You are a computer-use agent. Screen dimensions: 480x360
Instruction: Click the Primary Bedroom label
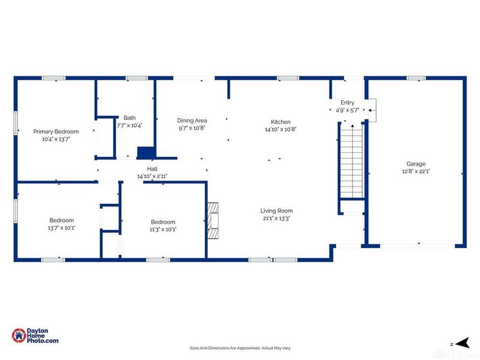pos(56,131)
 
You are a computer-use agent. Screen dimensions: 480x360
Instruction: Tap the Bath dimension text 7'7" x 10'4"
pos(130,125)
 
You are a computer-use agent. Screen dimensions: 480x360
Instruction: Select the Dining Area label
pos(192,121)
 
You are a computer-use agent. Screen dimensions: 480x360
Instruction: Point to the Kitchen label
pos(281,122)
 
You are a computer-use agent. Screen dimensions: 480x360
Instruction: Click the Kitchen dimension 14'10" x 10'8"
pos(281,129)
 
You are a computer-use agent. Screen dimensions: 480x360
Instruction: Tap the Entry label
pos(347,103)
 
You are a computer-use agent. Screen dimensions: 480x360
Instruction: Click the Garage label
pos(416,164)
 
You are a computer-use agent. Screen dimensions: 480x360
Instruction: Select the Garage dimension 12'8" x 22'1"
pos(416,172)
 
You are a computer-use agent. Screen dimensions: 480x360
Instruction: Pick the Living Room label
pos(277,211)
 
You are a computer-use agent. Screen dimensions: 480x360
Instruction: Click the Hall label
pos(152,169)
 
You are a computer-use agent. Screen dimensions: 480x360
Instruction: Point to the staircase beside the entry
pos(352,160)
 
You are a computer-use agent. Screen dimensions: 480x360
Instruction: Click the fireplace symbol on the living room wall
pos(213,220)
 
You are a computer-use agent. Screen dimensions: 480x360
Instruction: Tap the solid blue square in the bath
pos(145,153)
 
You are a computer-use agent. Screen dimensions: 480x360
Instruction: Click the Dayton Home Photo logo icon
pos(19,335)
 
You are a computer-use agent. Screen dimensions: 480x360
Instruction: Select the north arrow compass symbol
pos(463,343)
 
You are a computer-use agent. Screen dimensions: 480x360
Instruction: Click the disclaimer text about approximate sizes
pos(240,348)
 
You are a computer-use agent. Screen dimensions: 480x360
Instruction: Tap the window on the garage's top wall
pos(416,78)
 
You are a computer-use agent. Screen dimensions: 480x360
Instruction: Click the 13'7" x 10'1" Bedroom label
pos(62,220)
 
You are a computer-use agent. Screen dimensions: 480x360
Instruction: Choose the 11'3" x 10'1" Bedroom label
pos(163,222)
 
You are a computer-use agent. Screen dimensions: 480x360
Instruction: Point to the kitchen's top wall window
pos(288,78)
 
